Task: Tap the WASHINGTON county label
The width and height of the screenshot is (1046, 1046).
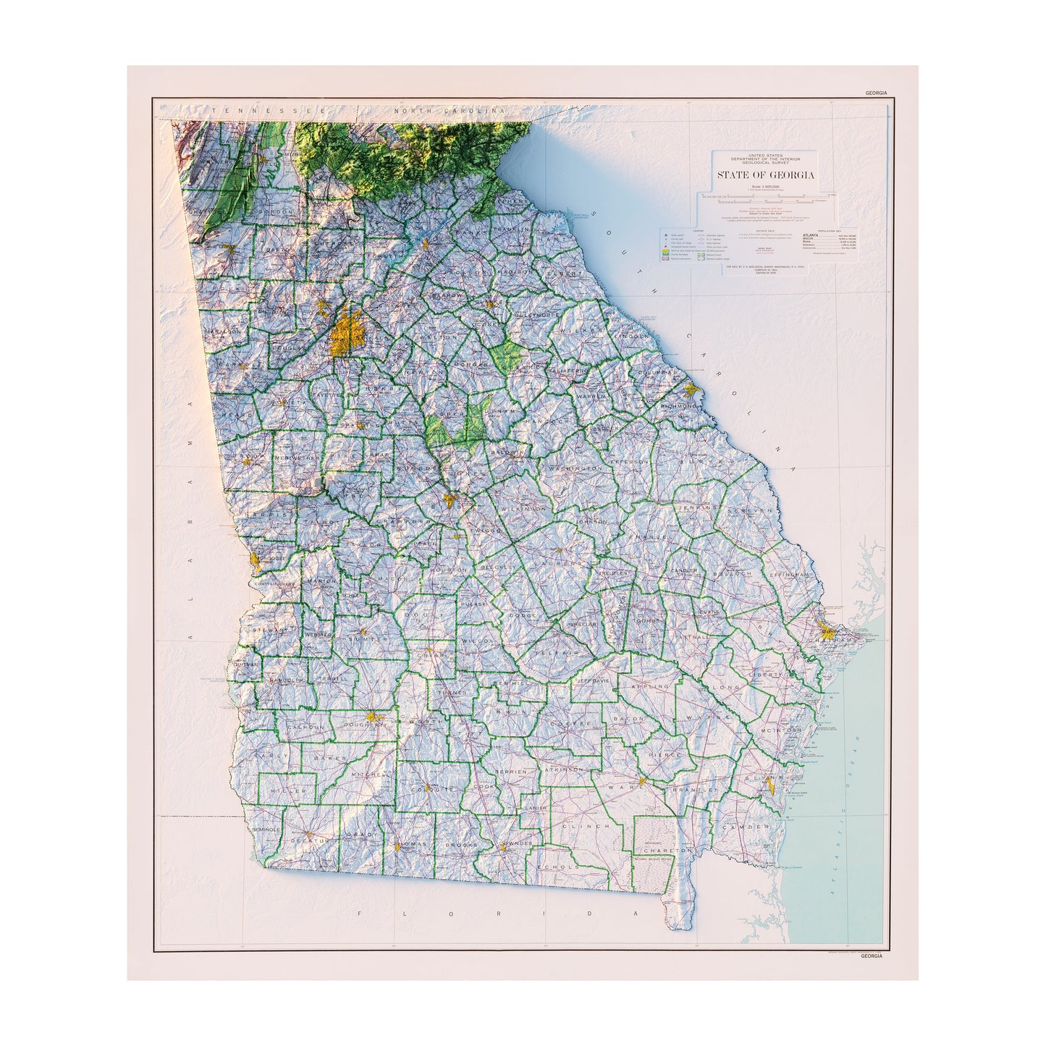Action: tap(575, 468)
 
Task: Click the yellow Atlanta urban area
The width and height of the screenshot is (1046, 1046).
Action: tap(347, 334)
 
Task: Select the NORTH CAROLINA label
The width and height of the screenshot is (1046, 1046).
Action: tap(449, 111)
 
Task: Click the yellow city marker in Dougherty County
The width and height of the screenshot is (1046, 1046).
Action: tap(374, 717)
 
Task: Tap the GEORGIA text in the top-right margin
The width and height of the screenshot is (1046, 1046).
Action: tap(874, 93)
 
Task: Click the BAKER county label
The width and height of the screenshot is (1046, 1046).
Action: tap(326, 757)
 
